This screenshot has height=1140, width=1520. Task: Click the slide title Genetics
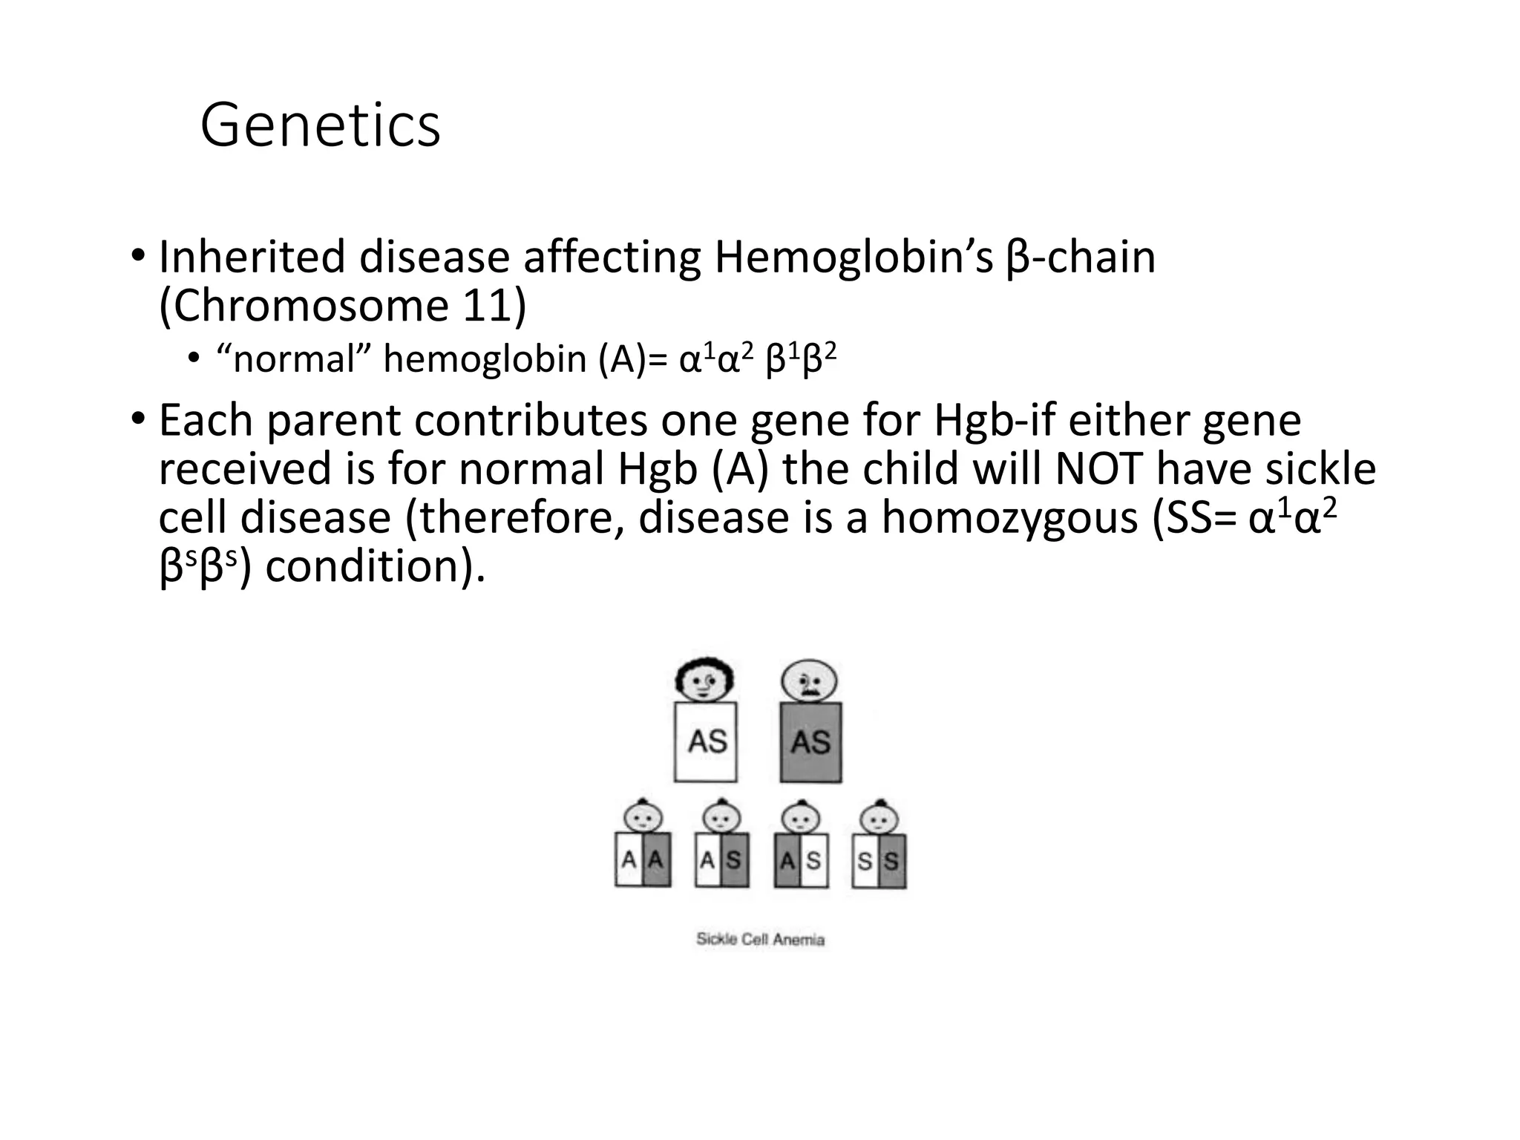coord(320,126)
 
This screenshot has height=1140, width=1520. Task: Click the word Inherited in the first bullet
coord(252,258)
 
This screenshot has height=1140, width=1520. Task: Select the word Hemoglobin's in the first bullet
coord(854,258)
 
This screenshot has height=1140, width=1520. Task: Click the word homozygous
coord(1009,518)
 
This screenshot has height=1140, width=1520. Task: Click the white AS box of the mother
coord(706,741)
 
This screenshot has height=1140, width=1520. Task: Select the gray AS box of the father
coord(810,741)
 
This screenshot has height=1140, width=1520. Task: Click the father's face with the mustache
coord(809,681)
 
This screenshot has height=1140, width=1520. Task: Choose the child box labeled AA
coord(643,860)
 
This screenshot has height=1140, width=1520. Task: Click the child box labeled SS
coord(879,861)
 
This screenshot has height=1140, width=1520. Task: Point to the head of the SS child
coord(879,819)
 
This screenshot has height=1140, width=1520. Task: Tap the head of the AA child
coord(643,818)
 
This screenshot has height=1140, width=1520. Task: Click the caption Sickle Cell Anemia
coord(760,940)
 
